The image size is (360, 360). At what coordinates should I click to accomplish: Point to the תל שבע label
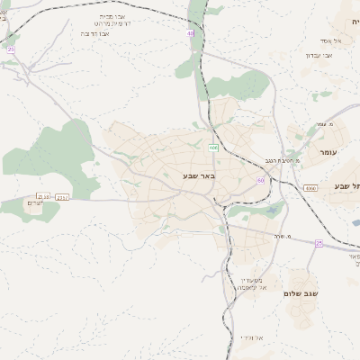pyautogui.click(x=346, y=185)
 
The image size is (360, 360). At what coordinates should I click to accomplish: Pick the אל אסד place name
pyautogui.click(x=329, y=40)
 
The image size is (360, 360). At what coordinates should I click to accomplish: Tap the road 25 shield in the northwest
pyautogui.click(x=11, y=49)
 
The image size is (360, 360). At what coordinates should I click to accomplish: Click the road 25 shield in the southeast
pyautogui.click(x=319, y=242)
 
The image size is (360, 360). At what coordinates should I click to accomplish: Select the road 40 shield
pyautogui.click(x=191, y=32)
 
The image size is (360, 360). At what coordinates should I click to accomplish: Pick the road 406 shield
pyautogui.click(x=213, y=147)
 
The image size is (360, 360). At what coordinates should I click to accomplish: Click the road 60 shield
pyautogui.click(x=260, y=180)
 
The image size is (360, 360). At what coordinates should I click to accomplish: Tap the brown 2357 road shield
pyautogui.click(x=62, y=196)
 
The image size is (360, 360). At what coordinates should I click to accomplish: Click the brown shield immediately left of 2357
pyautogui.click(x=43, y=195)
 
